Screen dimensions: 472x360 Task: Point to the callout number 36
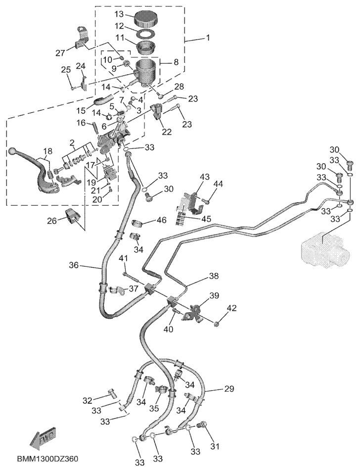[x=74, y=266]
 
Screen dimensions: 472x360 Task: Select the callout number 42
[x=232, y=308]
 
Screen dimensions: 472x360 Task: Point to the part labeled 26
[x=72, y=217]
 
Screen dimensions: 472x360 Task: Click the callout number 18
[x=47, y=151]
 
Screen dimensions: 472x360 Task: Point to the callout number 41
[x=123, y=258]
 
